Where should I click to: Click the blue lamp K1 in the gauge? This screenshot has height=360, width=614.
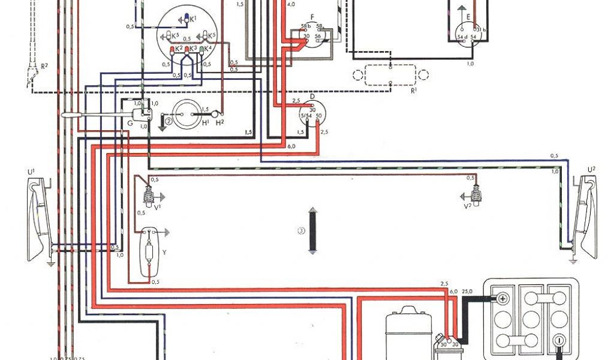pyautogui.click(x=185, y=18)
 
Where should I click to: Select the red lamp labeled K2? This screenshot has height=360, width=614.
pyautogui.click(x=173, y=52)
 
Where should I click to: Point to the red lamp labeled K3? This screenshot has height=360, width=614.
pyautogui.click(x=188, y=52)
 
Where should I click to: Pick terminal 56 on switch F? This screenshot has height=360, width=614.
pyautogui.click(x=318, y=37)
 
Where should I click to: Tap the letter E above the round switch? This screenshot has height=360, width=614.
pyautogui.click(x=460, y=8)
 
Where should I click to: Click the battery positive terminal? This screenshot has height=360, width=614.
pyautogui.click(x=502, y=298)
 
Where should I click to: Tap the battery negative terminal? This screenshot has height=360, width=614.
pyautogui.click(x=559, y=340)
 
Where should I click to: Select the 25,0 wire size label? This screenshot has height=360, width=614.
pyautogui.click(x=466, y=291)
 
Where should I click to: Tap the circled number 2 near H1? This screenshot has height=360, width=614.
pyautogui.click(x=169, y=121)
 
